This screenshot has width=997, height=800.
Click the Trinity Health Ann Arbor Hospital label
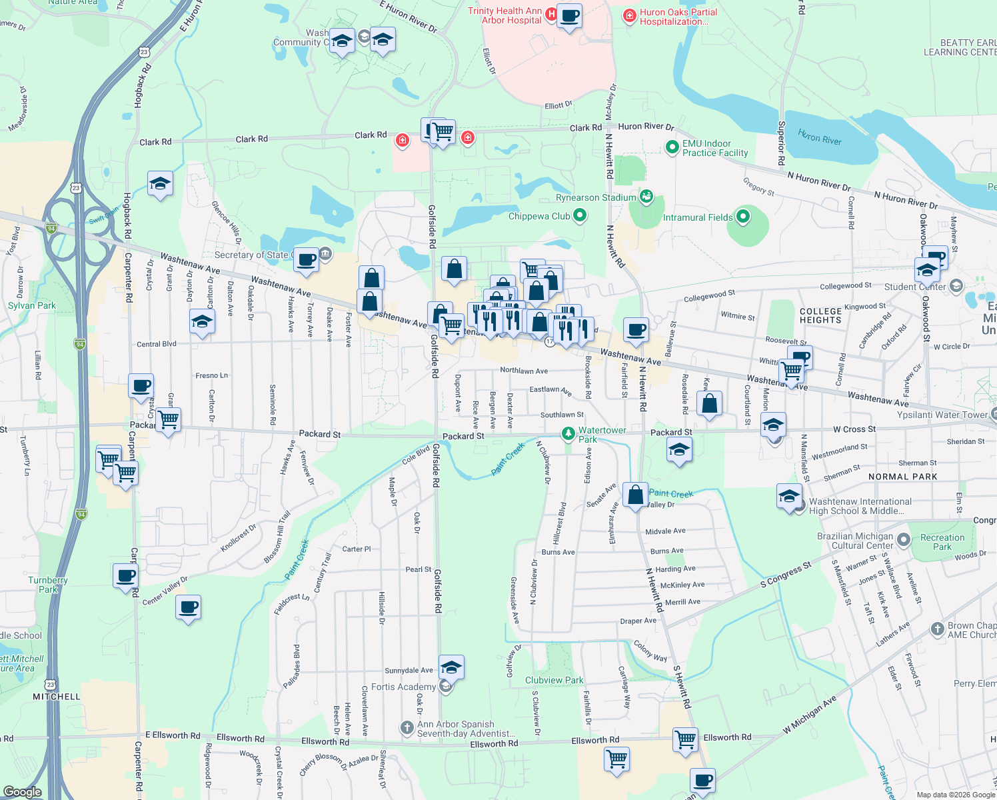505,15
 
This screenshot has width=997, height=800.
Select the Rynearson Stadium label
596,197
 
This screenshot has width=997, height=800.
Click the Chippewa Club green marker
580,215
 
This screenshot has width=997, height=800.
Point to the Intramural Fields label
697,217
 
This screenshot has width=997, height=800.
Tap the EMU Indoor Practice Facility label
715,148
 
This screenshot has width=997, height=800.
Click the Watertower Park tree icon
568,434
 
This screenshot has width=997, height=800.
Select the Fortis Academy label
403,687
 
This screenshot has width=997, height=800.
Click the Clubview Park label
554,680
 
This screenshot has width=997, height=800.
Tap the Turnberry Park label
48,585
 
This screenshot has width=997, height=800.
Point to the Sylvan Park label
32,305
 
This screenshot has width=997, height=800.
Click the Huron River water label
820,137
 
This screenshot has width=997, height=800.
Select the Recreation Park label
942,542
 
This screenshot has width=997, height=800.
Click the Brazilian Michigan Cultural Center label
855,541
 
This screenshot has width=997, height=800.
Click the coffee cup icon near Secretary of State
307,259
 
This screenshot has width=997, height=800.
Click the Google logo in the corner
22,791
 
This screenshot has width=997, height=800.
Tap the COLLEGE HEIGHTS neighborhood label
820,315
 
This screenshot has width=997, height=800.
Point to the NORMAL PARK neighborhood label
902,477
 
